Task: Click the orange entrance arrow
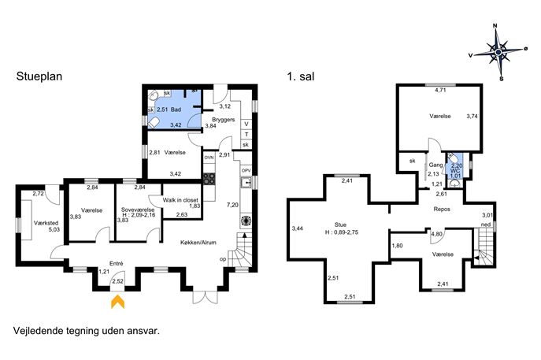click(117, 302)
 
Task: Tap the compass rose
click(498, 52)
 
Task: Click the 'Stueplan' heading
click(39, 76)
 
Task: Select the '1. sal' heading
click(301, 76)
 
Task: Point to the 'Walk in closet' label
click(180, 200)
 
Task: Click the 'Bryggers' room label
click(223, 120)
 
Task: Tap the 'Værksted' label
click(46, 223)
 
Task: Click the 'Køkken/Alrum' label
click(198, 243)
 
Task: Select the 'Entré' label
click(117, 263)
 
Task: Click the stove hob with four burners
click(209, 179)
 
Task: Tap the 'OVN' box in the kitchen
click(209, 158)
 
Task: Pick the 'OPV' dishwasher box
click(246, 170)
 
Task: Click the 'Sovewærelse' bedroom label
click(138, 210)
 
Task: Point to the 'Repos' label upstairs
click(442, 209)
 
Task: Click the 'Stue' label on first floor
click(340, 225)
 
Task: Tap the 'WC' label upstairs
click(455, 170)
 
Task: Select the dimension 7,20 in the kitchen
click(232, 205)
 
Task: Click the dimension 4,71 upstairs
click(440, 91)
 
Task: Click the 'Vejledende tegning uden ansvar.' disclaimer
click(87, 331)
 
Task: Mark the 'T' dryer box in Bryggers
click(246, 134)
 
